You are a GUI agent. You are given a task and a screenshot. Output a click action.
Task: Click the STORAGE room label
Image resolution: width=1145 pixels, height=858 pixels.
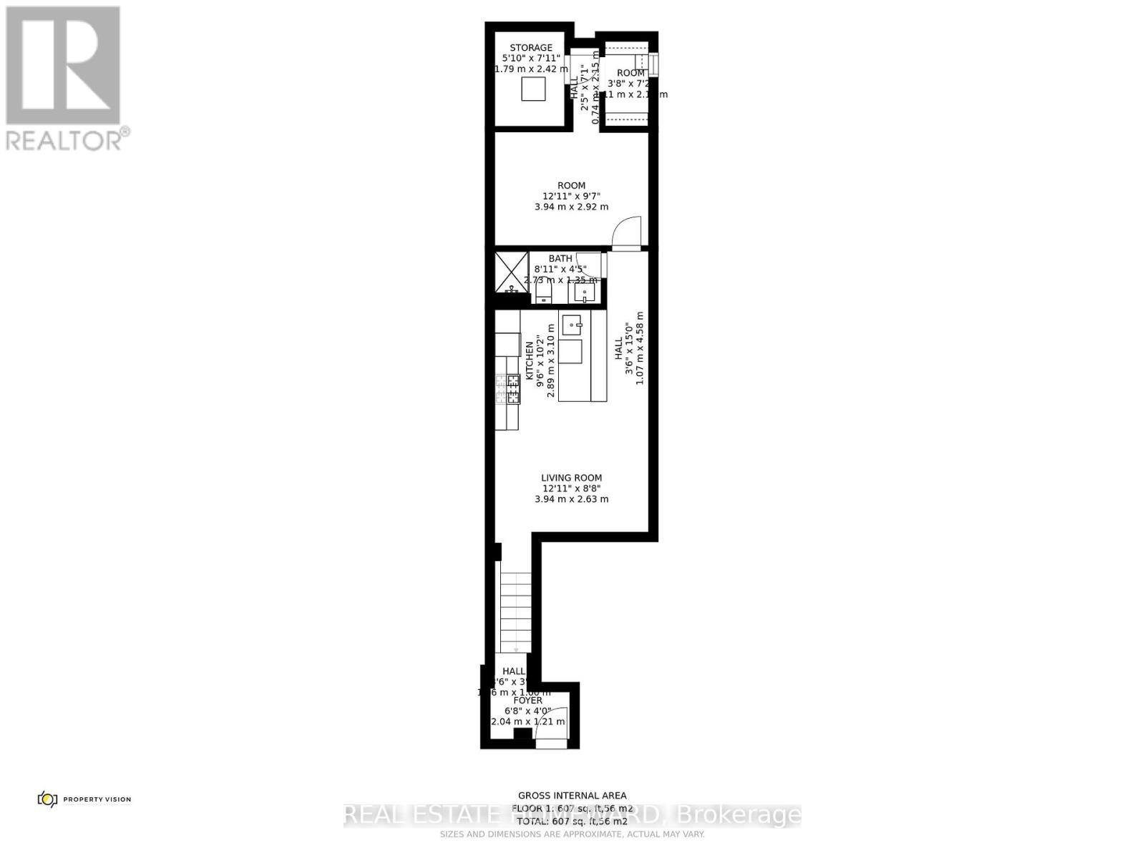[x=531, y=48]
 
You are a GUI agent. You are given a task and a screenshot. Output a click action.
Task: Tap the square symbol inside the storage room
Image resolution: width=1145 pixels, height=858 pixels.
[x=533, y=89]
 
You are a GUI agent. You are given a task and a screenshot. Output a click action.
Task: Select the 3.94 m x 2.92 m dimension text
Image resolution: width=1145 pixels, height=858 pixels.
[x=571, y=207]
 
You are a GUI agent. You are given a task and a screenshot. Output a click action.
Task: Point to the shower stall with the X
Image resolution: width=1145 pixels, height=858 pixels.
[x=512, y=272]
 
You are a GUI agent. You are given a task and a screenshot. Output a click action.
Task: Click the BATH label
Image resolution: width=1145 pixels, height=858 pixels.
[x=560, y=259]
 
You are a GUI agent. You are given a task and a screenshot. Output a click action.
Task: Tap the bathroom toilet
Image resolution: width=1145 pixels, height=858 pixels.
[x=544, y=291]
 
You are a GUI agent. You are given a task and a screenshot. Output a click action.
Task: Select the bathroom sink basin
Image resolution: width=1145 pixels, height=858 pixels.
[x=585, y=292]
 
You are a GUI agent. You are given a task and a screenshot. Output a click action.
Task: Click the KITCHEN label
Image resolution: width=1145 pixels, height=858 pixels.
[x=530, y=361]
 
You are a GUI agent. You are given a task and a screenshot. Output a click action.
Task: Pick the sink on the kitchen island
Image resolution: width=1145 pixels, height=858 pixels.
[x=573, y=325]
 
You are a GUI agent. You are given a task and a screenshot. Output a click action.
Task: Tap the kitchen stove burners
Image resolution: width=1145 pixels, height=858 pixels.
[x=507, y=389]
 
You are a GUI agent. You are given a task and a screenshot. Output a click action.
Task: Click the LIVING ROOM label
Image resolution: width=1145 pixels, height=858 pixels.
[x=571, y=478]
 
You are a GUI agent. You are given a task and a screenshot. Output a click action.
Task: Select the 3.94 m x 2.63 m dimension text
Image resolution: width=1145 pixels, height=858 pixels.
[x=571, y=499]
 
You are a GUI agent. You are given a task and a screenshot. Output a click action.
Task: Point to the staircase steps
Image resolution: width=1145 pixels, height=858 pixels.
[x=515, y=608]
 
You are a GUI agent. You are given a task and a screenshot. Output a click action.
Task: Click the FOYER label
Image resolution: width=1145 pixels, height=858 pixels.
[x=527, y=701]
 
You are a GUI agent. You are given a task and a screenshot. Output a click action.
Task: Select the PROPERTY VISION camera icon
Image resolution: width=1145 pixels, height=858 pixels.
[x=47, y=799]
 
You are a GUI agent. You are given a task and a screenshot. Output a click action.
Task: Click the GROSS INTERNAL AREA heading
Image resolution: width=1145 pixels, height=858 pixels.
[x=572, y=795]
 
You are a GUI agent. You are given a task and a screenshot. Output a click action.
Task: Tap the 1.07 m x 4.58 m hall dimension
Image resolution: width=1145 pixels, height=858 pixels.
[x=640, y=348]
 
